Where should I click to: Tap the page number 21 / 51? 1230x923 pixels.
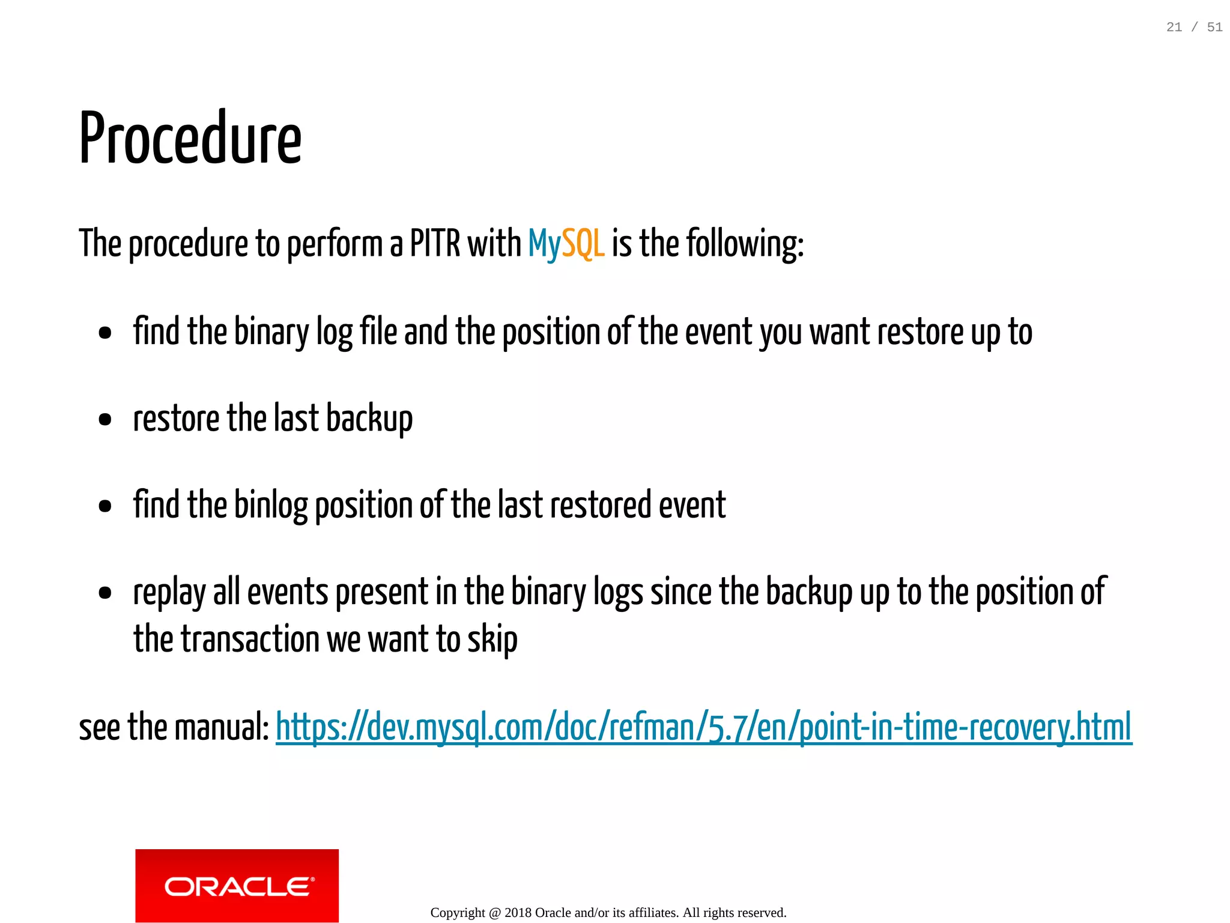tap(1194, 27)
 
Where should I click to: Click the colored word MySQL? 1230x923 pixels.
tap(566, 244)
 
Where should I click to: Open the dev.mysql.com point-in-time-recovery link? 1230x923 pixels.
tap(703, 727)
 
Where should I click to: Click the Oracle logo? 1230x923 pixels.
tap(237, 886)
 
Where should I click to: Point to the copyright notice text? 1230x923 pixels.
tap(608, 913)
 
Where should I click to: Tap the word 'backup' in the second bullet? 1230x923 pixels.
tap(369, 419)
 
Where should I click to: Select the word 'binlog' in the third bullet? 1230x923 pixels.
tap(270, 505)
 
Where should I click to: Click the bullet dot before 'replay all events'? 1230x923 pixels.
tap(105, 593)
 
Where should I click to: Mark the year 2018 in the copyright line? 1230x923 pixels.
tap(518, 913)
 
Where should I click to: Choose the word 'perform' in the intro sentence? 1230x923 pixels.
tap(335, 244)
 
